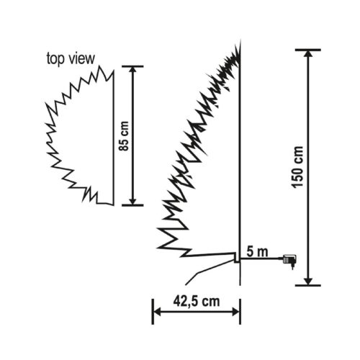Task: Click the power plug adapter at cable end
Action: point(292,260)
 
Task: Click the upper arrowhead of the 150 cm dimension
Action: point(308,55)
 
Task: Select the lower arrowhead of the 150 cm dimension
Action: point(308,279)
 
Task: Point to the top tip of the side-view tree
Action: point(238,44)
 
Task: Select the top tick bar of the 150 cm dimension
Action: point(308,50)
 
